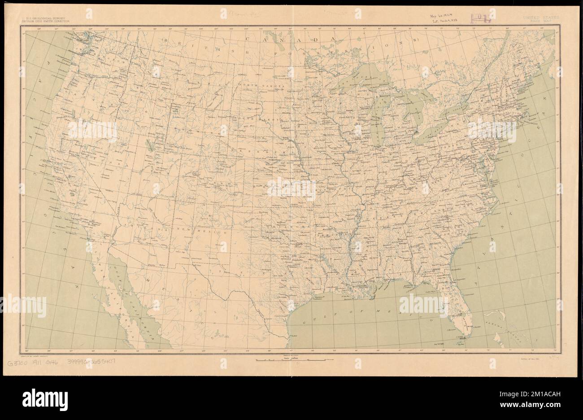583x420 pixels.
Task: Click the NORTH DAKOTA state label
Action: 268,85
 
